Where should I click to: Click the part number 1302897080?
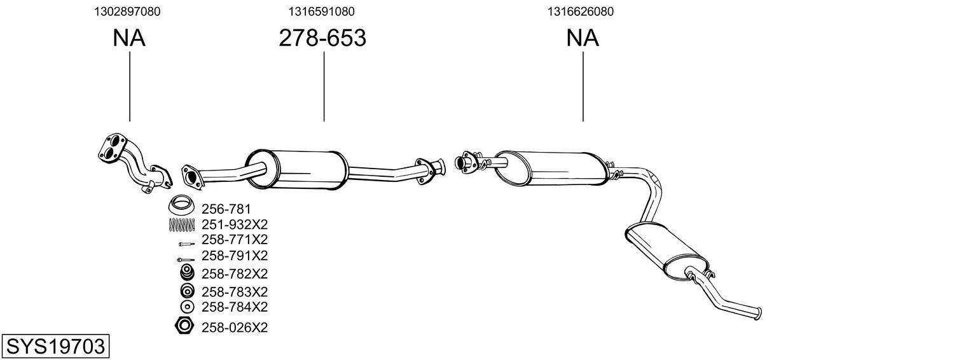pyautogui.click(x=127, y=11)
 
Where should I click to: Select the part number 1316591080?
pyautogui.click(x=321, y=11)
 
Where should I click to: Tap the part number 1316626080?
pyautogui.click(x=581, y=11)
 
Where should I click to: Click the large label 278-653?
pyautogui.click(x=322, y=38)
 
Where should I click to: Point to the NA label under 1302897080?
pyautogui.click(x=129, y=38)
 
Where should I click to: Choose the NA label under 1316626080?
pyautogui.click(x=583, y=38)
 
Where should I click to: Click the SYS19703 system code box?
pyautogui.click(x=55, y=347)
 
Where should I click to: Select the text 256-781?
pyautogui.click(x=226, y=209)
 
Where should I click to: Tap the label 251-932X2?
pyautogui.click(x=235, y=225)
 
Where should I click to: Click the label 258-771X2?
pyautogui.click(x=235, y=240)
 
